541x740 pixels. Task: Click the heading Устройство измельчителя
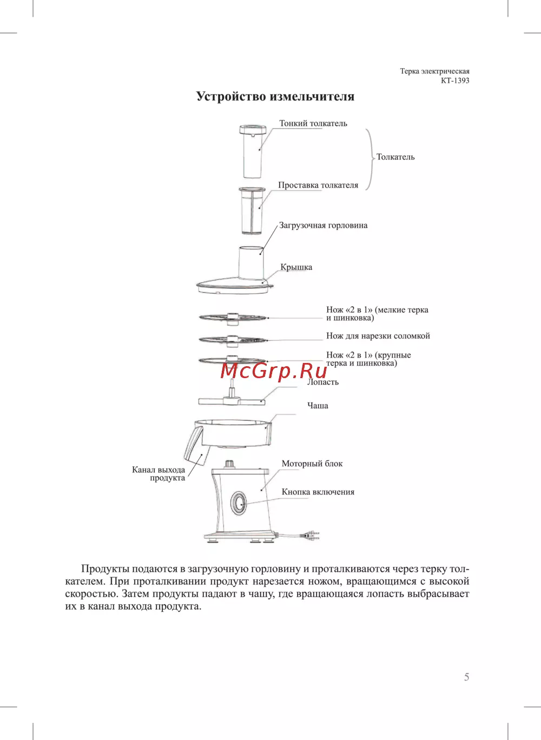[x=275, y=96]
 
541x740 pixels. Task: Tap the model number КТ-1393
[x=455, y=81]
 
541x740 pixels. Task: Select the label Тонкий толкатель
[x=313, y=123]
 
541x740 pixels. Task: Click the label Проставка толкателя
[x=318, y=185]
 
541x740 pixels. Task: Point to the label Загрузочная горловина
[x=323, y=226]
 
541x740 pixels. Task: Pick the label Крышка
[x=296, y=267]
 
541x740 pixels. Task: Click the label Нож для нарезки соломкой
[x=378, y=335]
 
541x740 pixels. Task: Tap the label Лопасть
[x=323, y=382]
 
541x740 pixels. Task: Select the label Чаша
[x=318, y=405]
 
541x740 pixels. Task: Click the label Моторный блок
[x=312, y=464]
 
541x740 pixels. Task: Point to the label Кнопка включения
[x=318, y=492]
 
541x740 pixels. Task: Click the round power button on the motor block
[x=239, y=503]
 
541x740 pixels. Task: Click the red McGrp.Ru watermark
[x=273, y=371]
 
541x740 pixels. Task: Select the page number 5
[x=466, y=677]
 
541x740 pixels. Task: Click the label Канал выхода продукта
[x=159, y=474]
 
